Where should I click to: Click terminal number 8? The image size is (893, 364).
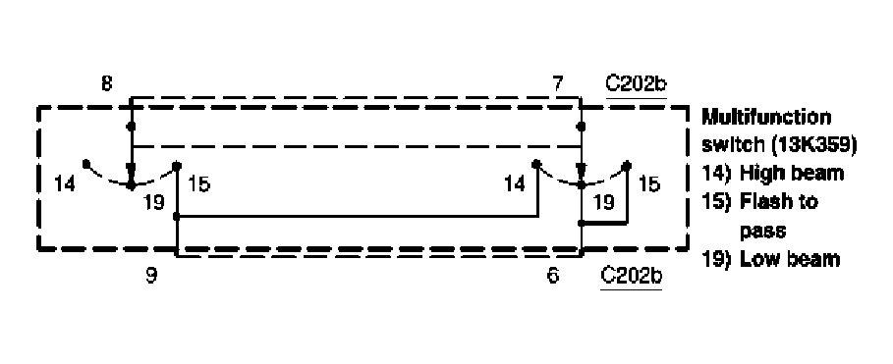(x=106, y=83)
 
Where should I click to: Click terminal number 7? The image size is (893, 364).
(x=558, y=83)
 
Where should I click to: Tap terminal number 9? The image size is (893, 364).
(x=150, y=277)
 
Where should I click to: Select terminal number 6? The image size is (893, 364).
(x=553, y=277)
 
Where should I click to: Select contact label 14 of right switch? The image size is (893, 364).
(x=514, y=182)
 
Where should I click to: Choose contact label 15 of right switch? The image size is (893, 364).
(x=648, y=182)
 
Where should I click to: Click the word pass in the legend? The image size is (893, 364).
(x=757, y=232)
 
